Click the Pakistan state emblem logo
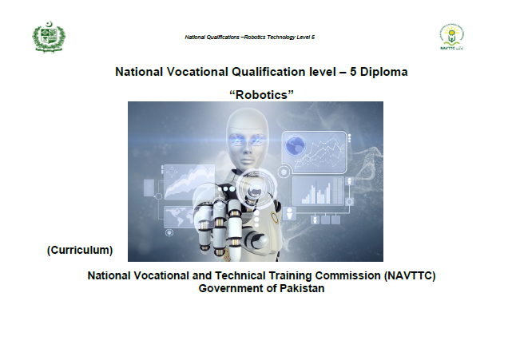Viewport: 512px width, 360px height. [x=49, y=37]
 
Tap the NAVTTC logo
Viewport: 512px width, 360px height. [x=451, y=37]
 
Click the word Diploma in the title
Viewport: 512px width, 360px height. [x=383, y=72]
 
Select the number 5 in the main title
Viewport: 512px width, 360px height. [x=353, y=72]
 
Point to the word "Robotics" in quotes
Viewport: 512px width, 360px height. [x=261, y=95]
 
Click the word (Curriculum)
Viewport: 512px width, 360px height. [x=80, y=250]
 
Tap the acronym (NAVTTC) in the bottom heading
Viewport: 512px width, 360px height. [x=410, y=276]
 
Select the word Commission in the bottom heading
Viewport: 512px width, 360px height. [x=347, y=276]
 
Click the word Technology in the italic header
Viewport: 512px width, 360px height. [x=281, y=38]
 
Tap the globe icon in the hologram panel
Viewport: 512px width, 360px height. [x=296, y=144]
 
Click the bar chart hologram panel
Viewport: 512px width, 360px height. [x=319, y=192]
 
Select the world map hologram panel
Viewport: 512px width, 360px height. [x=181, y=216]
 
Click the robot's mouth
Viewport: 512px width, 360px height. [x=248, y=161]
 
